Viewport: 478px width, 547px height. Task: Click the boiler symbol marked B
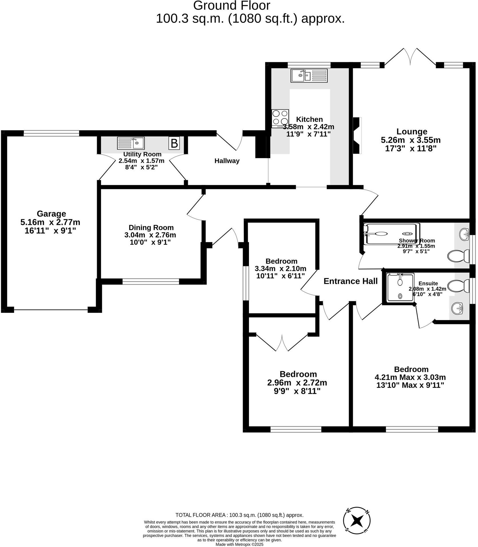pos(174,143)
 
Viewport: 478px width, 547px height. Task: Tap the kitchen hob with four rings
pos(280,118)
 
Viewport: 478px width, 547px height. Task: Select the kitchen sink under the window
pos(309,76)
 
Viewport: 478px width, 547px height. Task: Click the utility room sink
pos(131,143)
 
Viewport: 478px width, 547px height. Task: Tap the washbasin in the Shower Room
pos(464,234)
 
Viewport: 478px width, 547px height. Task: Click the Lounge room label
pos(412,132)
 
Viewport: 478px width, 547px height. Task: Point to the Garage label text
pos(51,214)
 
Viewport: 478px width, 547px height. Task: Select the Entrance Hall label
pos(350,281)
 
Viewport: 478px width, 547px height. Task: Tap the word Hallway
pos(227,161)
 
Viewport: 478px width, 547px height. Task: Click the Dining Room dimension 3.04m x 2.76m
pos(150,235)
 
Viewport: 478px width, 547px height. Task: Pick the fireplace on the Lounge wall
pos(358,135)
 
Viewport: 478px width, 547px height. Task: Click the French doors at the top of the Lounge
pos(410,59)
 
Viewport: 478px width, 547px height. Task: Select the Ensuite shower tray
pos(400,287)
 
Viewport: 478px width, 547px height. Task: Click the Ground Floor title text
pos(232,6)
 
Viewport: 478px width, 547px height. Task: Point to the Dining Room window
pos(151,281)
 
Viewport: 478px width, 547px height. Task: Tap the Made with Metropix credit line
pos(239,544)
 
